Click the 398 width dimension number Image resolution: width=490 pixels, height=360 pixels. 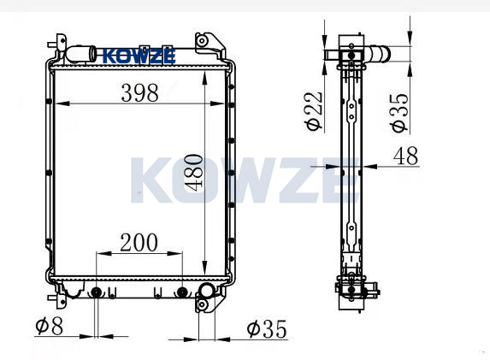139,93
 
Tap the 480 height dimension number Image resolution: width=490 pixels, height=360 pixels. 194,172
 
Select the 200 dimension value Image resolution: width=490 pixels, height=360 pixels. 139,243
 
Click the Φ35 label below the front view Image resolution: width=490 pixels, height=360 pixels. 267,328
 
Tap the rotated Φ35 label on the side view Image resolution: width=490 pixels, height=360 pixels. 399,113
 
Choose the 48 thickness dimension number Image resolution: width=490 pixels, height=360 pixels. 405,156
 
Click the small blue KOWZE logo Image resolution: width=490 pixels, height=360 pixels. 139,56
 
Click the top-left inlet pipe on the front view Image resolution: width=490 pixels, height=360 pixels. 81,54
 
